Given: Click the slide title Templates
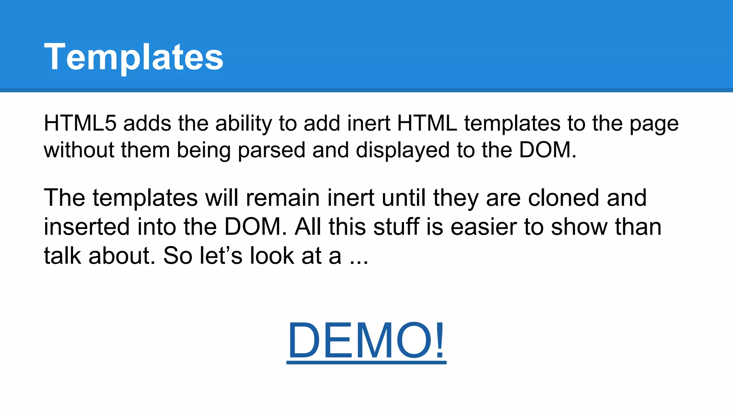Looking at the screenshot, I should click(x=134, y=57).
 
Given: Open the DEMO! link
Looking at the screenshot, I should click(x=366, y=340).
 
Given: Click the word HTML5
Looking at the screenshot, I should click(x=80, y=123).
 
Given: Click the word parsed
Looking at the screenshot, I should click(x=271, y=150).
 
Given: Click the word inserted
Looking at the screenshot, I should click(x=86, y=227).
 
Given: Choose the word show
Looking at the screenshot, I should click(x=579, y=227).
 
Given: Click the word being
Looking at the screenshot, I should click(x=204, y=150).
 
